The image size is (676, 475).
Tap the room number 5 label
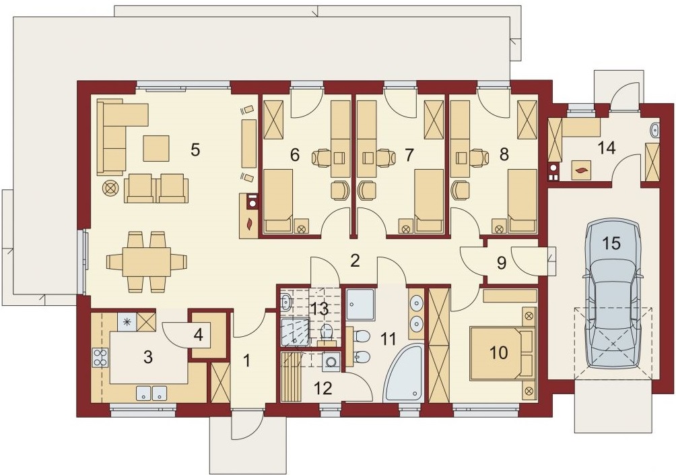pyautogui.click(x=195, y=150)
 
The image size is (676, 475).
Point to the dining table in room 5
pyautogui.click(x=147, y=261)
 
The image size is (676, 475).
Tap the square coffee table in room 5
pyautogui.click(x=156, y=148)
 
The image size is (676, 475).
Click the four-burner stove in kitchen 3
pyautogui.click(x=100, y=357)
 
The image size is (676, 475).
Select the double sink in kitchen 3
pyautogui.click(x=151, y=393)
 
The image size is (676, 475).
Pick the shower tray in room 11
pyautogui.click(x=360, y=305)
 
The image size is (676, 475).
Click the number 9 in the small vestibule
pyautogui.click(x=502, y=263)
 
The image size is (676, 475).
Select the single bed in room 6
pyautogui.click(x=278, y=201)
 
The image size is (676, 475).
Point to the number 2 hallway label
pyautogui.click(x=355, y=261)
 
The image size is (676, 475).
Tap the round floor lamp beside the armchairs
pyautogui.click(x=110, y=189)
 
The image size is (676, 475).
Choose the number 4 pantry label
pyautogui.click(x=198, y=335)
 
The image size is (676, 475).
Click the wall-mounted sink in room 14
pyautogui.click(x=655, y=129)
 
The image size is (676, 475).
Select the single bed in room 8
pyautogui.click(x=522, y=201)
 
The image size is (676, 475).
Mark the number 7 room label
pyautogui.click(x=409, y=154)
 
